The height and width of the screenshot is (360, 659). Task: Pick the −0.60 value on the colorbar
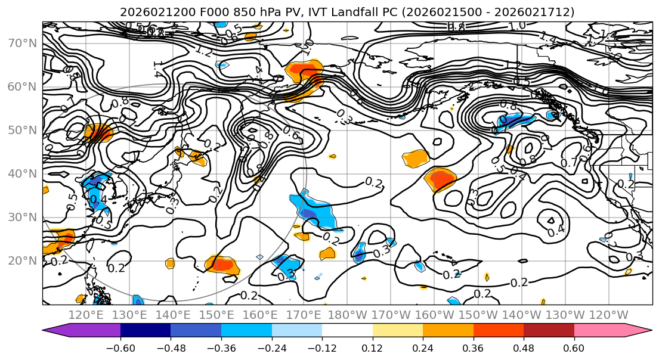(x=120, y=347)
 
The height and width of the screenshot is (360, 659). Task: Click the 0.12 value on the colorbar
(x=372, y=347)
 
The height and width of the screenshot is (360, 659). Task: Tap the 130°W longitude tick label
(x=565, y=315)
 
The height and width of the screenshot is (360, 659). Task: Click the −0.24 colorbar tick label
(x=271, y=347)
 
